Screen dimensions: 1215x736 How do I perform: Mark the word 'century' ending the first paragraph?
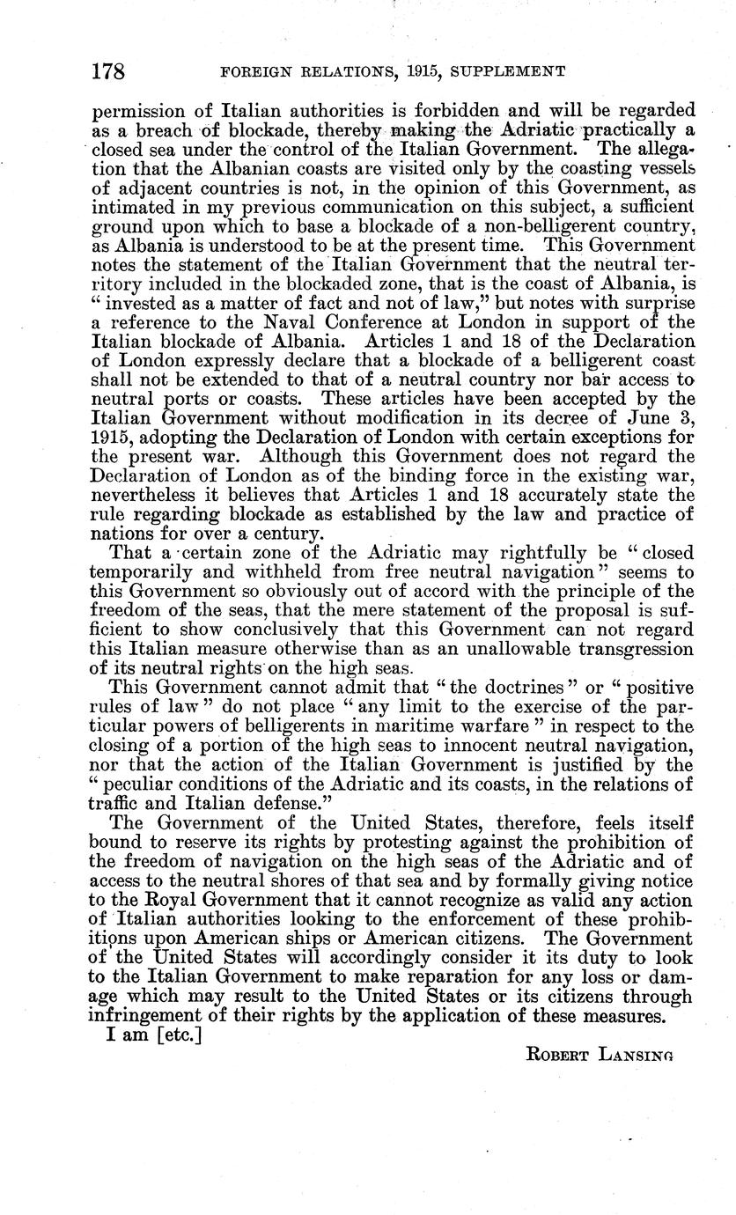point(281,534)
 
